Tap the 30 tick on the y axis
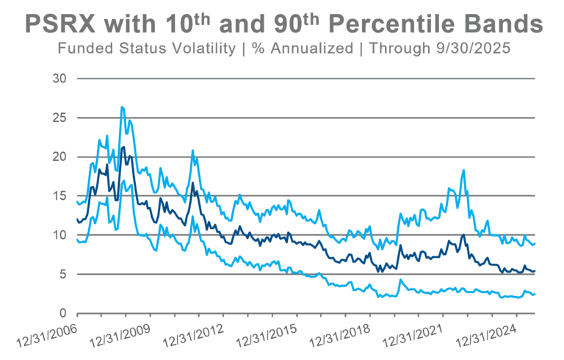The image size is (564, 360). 61,79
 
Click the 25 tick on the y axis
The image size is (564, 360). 61,118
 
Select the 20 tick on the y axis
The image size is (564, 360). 61,156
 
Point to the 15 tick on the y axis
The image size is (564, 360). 61,196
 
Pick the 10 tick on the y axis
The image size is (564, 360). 61,235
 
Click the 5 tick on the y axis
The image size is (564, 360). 64,274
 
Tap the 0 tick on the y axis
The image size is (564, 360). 64,314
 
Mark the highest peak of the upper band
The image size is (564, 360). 122,107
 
